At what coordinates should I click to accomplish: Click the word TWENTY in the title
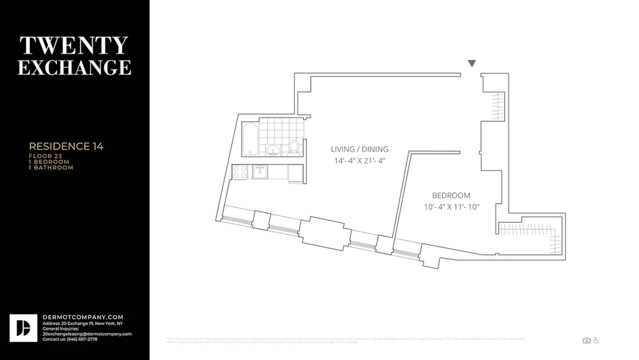[x=74, y=46]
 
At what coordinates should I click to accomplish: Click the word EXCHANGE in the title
[x=75, y=67]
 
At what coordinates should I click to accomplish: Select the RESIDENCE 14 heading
[x=66, y=146]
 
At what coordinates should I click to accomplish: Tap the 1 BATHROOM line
[x=50, y=167]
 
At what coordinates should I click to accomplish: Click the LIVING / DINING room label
[x=359, y=149]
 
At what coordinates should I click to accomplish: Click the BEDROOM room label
[x=451, y=195]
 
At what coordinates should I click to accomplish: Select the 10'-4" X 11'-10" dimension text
[x=451, y=207]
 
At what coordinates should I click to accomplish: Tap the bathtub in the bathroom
[x=250, y=139]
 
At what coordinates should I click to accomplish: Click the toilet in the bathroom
[x=294, y=147]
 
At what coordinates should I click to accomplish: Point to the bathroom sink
[x=272, y=150]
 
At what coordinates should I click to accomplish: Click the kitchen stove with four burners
[x=240, y=172]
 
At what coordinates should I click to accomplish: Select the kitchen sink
[x=260, y=171]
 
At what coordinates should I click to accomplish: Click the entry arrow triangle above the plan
[x=471, y=63]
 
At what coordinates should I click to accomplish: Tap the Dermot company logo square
[x=23, y=328]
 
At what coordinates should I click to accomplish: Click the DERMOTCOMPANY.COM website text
[x=83, y=317]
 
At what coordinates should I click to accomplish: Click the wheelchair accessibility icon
[x=596, y=341]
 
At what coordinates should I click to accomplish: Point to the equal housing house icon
[x=586, y=341]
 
